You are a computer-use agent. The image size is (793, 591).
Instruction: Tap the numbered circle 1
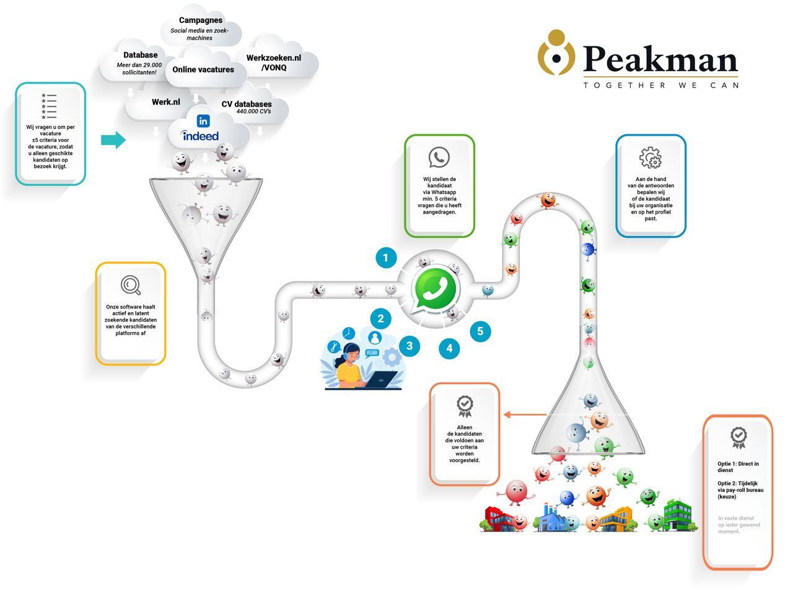click(x=385, y=258)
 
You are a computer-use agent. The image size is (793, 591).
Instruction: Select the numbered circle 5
click(x=480, y=331)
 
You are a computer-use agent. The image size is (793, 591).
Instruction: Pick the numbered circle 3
click(x=409, y=346)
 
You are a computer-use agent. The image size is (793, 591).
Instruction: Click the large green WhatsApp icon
click(x=436, y=289)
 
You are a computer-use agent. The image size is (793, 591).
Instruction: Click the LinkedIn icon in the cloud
click(x=203, y=121)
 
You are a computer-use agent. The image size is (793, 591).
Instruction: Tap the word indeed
click(x=200, y=136)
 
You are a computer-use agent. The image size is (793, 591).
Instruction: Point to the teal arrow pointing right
click(x=113, y=140)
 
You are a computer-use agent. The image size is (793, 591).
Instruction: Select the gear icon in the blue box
click(x=651, y=158)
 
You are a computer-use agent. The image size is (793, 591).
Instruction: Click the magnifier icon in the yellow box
click(x=131, y=285)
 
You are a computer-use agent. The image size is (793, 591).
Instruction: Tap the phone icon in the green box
click(x=439, y=157)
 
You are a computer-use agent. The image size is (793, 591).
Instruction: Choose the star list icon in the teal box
click(x=49, y=106)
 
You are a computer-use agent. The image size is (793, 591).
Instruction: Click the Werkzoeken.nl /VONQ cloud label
click(x=274, y=63)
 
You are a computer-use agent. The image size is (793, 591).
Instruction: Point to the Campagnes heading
click(x=201, y=20)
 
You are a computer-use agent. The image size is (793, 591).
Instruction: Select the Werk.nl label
click(x=166, y=102)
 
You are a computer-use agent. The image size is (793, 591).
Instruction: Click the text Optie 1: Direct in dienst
click(x=737, y=466)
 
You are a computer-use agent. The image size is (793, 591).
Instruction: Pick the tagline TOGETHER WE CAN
click(x=660, y=85)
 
